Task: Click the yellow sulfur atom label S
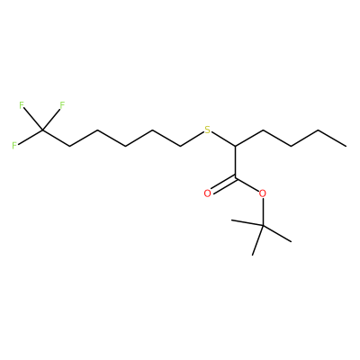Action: click(207, 130)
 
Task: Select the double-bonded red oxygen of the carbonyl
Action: click(207, 193)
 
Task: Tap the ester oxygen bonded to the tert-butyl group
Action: click(263, 193)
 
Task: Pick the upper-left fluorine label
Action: click(22, 105)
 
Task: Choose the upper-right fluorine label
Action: click(62, 105)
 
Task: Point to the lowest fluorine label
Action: click(14, 146)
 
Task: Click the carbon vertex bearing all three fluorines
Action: click(42, 130)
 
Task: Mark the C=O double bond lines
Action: click(223, 185)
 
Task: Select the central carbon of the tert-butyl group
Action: click(263, 225)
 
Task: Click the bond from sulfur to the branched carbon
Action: click(223, 139)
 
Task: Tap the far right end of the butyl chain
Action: click(346, 146)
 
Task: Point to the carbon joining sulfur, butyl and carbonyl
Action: click(236, 147)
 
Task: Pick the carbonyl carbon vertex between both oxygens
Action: click(236, 178)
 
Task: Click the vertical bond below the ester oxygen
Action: click(263, 211)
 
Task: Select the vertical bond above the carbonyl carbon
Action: click(236, 162)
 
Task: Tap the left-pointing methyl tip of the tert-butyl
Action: click(231, 221)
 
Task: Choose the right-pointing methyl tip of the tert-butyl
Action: click(291, 241)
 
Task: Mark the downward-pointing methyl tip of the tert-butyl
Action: click(253, 256)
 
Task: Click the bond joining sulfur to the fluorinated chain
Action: click(192, 139)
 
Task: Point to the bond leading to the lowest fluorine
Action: click(30, 138)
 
